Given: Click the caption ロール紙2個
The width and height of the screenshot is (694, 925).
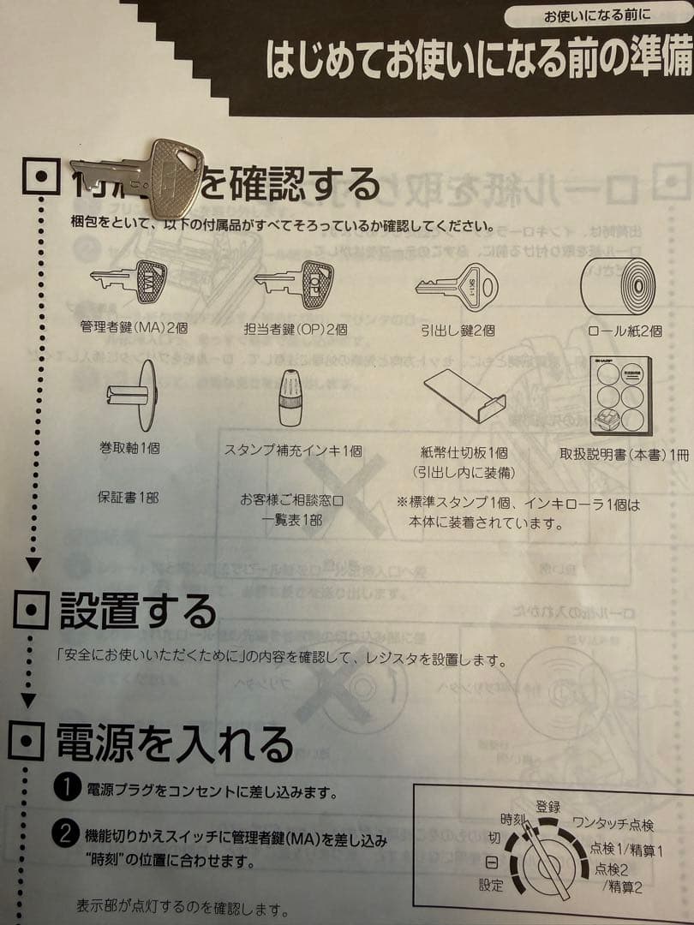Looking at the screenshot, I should click(x=625, y=331).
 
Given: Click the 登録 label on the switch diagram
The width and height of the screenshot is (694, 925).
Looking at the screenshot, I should click(x=548, y=807).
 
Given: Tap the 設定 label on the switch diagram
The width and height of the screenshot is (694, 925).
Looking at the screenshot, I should click(x=491, y=885).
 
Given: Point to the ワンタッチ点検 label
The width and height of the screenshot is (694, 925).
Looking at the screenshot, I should click(x=613, y=826).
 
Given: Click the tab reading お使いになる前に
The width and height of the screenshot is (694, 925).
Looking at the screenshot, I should click(x=597, y=15).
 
